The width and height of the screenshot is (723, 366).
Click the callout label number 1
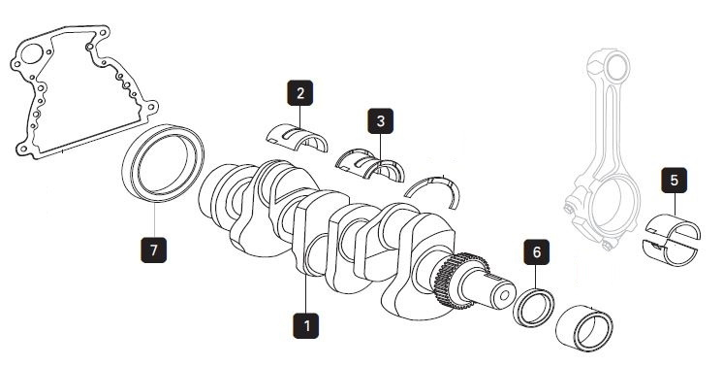(305, 326)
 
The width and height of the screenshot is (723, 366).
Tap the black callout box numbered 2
(300, 93)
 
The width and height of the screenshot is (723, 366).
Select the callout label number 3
(381, 121)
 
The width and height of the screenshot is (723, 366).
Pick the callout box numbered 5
(675, 181)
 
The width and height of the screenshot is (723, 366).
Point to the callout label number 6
(536, 251)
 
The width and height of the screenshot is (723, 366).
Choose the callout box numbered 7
(153, 250)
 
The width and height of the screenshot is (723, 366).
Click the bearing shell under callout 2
(298, 137)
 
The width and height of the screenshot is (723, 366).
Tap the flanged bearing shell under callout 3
(369, 164)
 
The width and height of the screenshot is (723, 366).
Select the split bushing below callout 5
(672, 240)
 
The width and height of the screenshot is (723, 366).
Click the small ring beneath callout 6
(533, 308)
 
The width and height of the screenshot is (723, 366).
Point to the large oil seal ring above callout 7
(163, 163)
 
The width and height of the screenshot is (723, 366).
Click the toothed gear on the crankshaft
(461, 281)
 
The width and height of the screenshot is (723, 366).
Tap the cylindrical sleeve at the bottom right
(584, 328)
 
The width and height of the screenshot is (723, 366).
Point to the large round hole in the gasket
(32, 54)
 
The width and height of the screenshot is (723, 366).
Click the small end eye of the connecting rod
(616, 67)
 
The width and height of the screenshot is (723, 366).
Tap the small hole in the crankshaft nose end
(505, 295)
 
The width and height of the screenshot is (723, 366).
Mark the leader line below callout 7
(154, 219)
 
